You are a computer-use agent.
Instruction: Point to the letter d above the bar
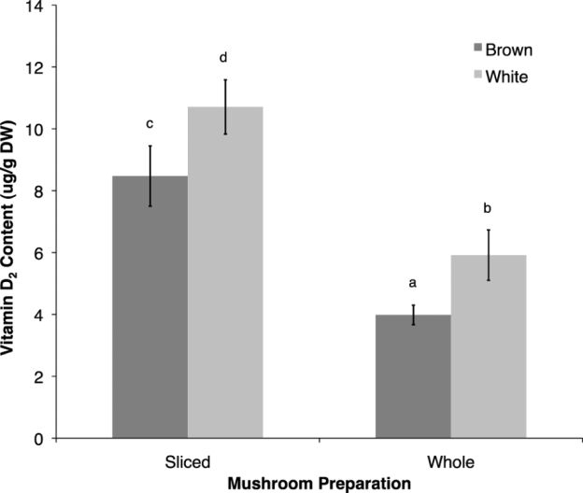(x=224, y=59)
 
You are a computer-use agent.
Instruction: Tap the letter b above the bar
(x=488, y=208)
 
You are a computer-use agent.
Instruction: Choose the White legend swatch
(x=479, y=77)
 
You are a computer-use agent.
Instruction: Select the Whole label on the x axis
(x=450, y=462)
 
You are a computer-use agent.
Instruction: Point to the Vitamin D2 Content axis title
(x=14, y=219)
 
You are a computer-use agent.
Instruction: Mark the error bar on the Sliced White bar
(x=225, y=106)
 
